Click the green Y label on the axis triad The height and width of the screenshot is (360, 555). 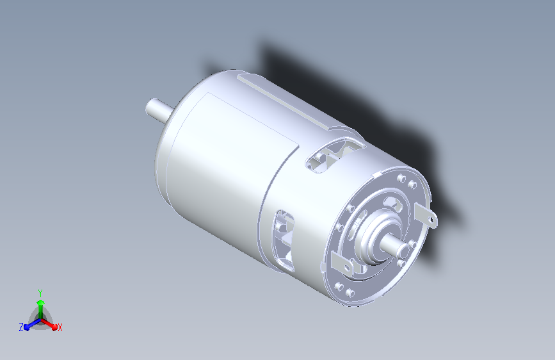[x=40, y=293]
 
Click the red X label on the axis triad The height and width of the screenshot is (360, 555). [x=60, y=328]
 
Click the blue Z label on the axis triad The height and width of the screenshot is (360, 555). [x=21, y=327]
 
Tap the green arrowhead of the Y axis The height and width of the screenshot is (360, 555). [x=41, y=302]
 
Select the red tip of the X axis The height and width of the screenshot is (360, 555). [x=54, y=327]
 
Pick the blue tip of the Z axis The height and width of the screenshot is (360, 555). [x=27, y=327]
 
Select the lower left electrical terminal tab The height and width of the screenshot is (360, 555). [x=342, y=265]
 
